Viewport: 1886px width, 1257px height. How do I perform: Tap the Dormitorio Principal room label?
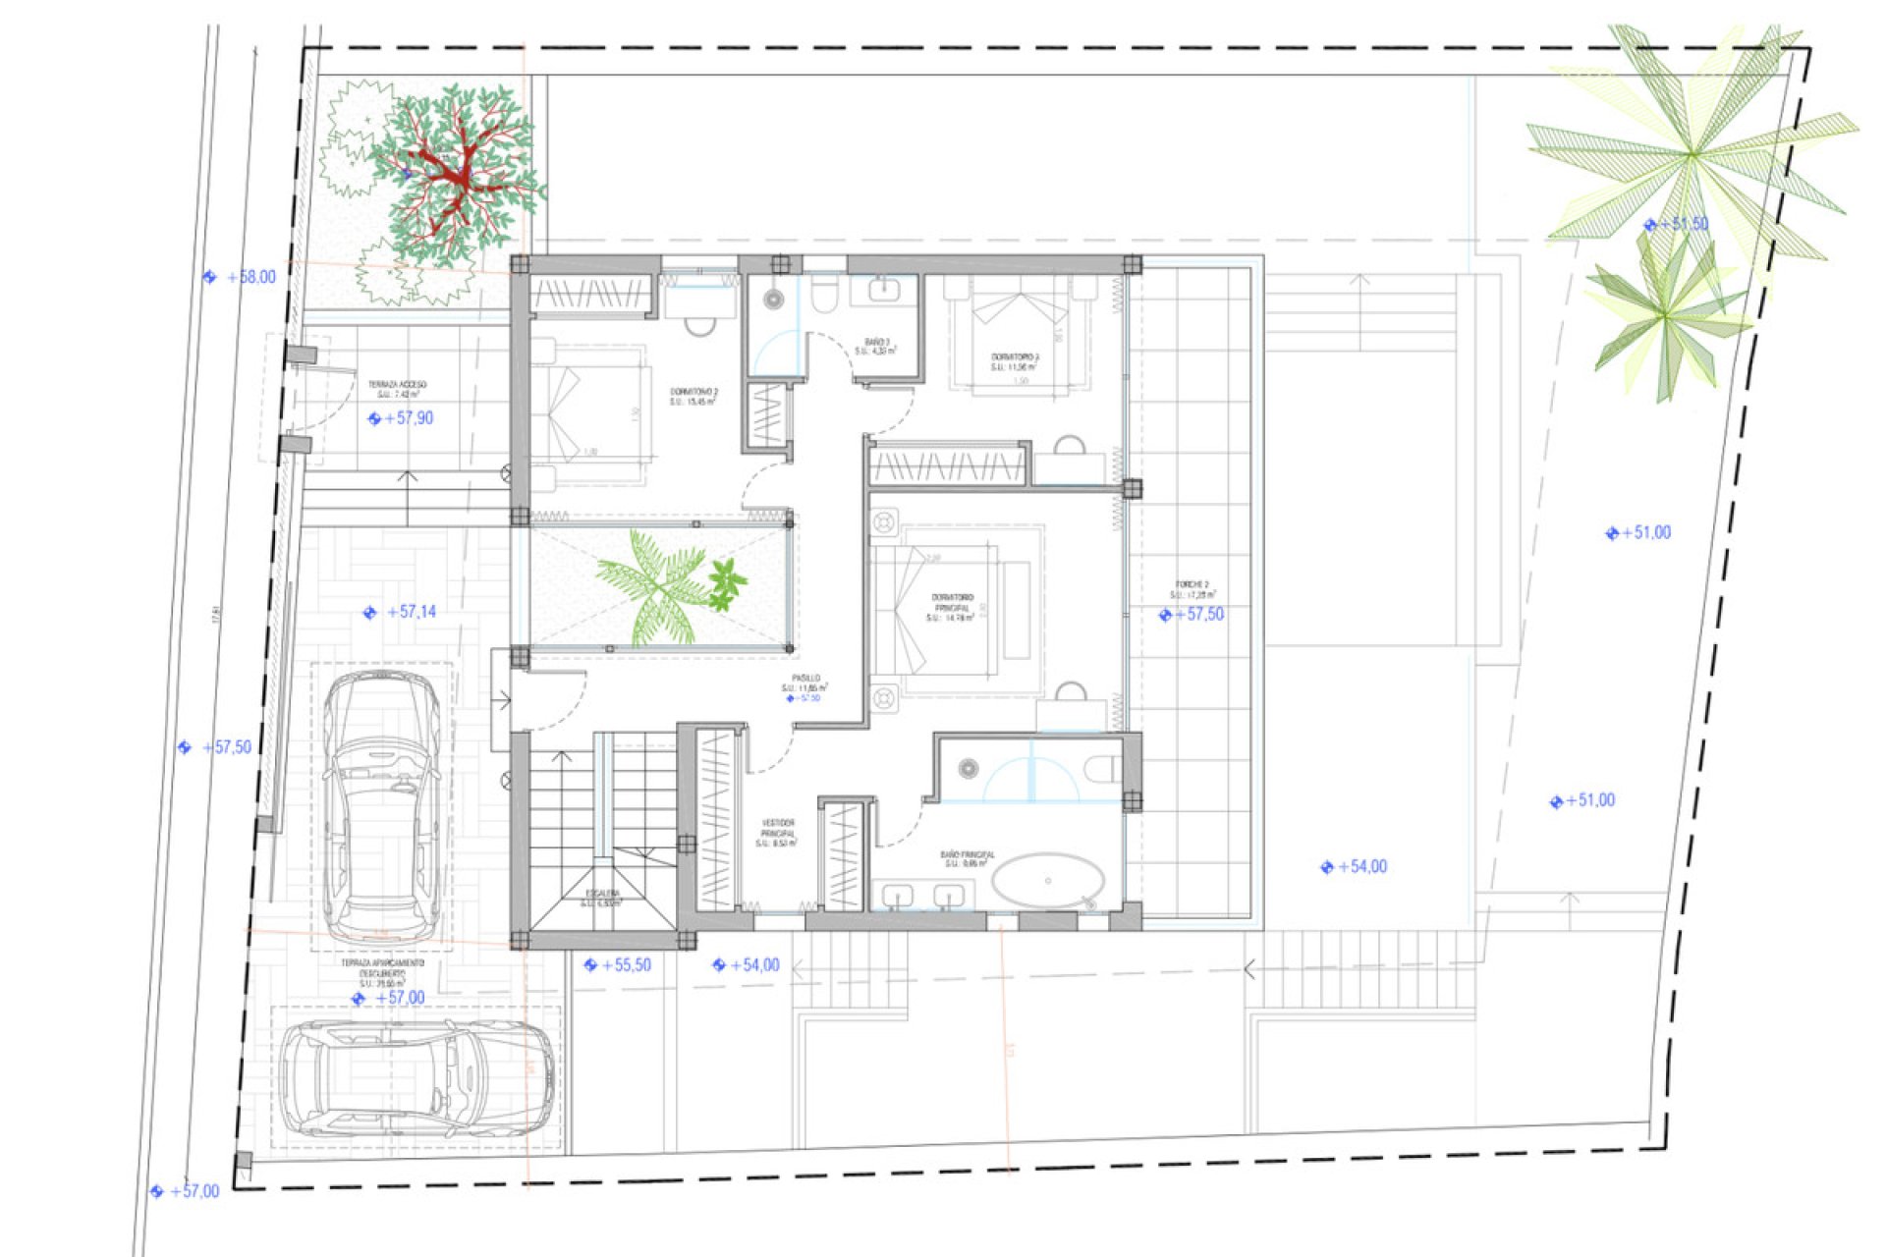point(951,607)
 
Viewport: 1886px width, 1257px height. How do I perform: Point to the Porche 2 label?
point(1192,589)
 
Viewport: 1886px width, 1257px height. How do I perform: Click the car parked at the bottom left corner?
point(417,1078)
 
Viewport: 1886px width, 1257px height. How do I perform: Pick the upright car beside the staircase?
point(382,805)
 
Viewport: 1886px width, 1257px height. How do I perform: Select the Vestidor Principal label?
point(777,833)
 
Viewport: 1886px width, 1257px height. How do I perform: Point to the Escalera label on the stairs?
point(602,897)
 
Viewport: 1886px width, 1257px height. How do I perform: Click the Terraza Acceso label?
point(397,389)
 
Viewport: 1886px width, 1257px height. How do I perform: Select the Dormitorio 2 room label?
point(693,396)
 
